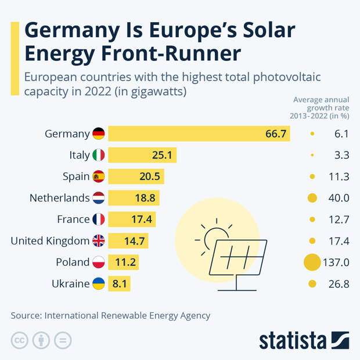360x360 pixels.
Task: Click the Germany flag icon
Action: [99, 134]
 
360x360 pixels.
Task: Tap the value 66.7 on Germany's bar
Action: [276, 134]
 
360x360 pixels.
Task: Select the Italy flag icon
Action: [99, 155]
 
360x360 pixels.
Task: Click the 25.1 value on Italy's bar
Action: [163, 155]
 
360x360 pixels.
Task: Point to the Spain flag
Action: [99, 177]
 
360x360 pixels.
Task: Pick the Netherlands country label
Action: [59, 198]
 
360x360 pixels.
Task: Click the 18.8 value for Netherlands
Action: [145, 198]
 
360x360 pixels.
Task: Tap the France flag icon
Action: [99, 219]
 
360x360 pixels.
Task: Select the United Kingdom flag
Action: [99, 241]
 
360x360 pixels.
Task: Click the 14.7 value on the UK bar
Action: [135, 241]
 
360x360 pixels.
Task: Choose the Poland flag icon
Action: [99, 262]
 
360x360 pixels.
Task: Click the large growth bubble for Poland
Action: [312, 262]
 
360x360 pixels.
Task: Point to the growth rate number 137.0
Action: [337, 262]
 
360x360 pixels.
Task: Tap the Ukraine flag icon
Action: [99, 284]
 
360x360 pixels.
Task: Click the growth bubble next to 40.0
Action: [312, 198]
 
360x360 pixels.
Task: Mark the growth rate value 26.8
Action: [338, 284]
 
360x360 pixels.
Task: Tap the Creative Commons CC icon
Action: [19, 340]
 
